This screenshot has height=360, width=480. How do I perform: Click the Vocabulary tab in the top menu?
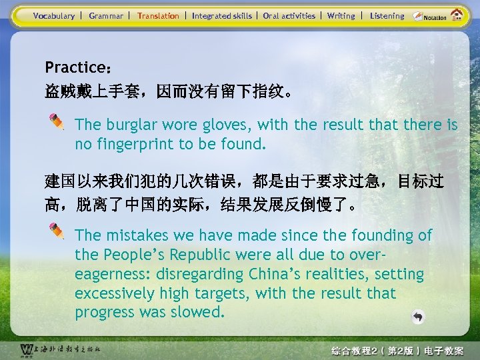(x=54, y=15)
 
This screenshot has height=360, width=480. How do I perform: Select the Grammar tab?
(x=106, y=15)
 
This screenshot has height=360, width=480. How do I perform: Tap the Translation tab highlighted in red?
(x=158, y=15)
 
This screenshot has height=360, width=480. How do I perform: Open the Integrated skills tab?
(x=222, y=15)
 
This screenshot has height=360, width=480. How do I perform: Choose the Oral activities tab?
(x=289, y=15)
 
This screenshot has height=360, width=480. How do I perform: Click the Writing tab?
(x=341, y=15)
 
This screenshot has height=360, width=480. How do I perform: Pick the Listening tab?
(x=387, y=15)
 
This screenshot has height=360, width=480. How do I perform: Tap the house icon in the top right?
(x=457, y=14)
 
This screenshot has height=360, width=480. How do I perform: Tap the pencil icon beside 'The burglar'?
(x=58, y=121)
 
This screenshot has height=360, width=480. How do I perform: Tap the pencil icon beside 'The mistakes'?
(x=58, y=231)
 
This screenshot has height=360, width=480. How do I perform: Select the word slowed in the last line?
(x=199, y=313)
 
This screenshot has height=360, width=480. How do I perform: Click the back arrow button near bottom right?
(x=417, y=317)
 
